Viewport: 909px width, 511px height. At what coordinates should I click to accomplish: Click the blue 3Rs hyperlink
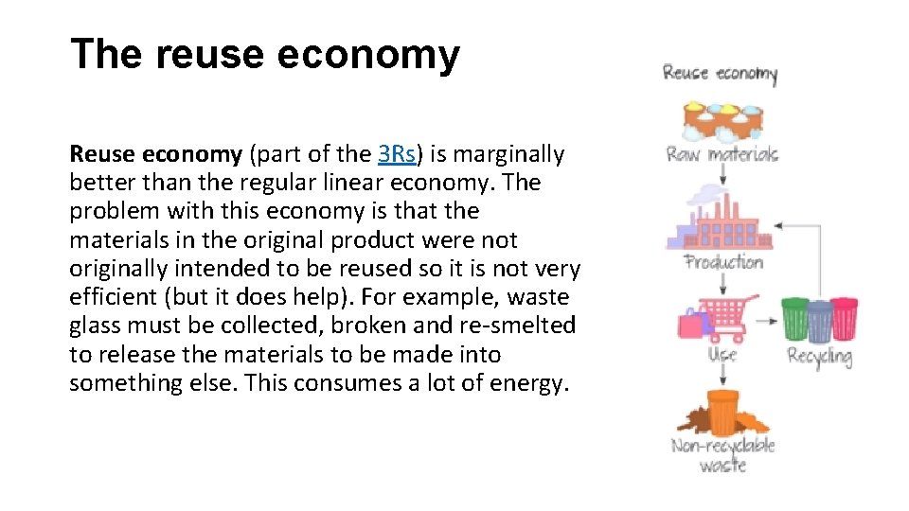point(398,154)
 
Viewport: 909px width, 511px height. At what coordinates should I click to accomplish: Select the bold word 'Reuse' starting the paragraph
point(101,154)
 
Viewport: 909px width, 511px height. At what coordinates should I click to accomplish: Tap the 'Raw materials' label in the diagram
point(722,154)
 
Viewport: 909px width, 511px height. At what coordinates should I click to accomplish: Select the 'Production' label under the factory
point(723,262)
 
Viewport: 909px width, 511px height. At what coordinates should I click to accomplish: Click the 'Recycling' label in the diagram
point(819,357)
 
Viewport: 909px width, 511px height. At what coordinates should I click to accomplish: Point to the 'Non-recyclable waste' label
point(722,455)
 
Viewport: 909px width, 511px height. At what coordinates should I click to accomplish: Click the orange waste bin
point(723,410)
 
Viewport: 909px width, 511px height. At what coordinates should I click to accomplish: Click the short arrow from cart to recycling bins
point(768,322)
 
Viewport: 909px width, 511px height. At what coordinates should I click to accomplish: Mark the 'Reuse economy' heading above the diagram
point(720,73)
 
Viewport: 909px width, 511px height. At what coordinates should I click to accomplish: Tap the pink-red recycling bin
point(843,319)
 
